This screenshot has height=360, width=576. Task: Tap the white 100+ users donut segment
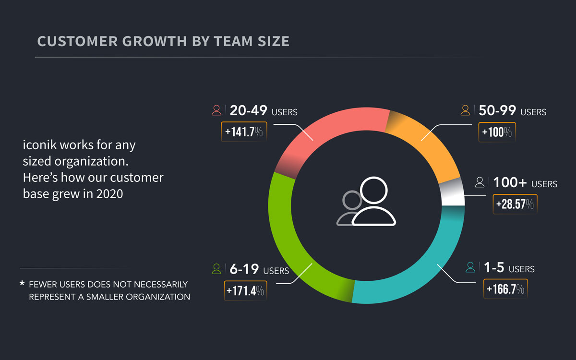pos(452,194)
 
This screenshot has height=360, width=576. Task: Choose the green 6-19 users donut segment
pos(293,240)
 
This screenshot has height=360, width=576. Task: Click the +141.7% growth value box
pos(244,132)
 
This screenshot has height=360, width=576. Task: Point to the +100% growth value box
pos(497,132)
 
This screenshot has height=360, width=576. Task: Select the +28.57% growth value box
pos(515,204)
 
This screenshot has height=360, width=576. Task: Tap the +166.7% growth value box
pos(505,289)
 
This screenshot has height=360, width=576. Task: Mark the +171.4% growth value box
pos(244,290)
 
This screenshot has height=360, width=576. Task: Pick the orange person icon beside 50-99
pos(465,111)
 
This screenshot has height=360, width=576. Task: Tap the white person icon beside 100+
pos(480,182)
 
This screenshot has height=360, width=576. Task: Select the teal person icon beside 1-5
pos(471,267)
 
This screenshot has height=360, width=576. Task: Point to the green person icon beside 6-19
pos(216,269)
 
